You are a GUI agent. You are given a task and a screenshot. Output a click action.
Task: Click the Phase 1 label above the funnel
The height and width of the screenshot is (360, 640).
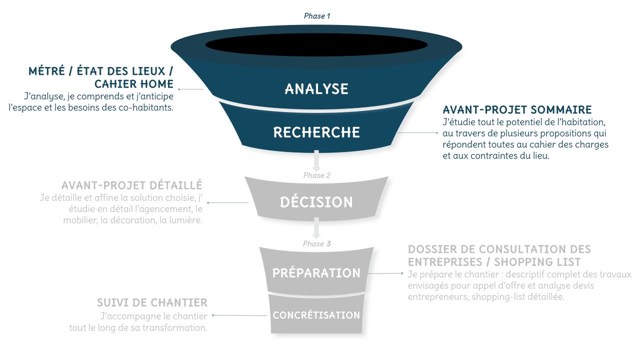[317, 16]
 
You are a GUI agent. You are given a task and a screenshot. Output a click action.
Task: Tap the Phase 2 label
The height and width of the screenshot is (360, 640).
[317, 175]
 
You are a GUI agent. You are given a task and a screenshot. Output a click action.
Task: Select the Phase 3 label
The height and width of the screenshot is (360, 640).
[317, 244]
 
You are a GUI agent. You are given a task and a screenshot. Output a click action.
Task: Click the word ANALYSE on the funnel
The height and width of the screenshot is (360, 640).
[316, 89]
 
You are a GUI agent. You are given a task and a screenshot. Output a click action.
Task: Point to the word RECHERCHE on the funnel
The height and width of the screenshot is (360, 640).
[316, 132]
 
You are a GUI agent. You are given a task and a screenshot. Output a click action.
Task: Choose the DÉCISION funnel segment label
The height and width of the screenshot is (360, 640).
[316, 202]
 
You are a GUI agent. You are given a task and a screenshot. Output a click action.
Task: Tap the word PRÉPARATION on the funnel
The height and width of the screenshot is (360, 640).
[316, 273]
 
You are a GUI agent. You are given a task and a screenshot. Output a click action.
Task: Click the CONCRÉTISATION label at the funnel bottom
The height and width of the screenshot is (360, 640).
[316, 315]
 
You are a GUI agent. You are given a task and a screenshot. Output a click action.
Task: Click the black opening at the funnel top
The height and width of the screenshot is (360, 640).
[316, 45]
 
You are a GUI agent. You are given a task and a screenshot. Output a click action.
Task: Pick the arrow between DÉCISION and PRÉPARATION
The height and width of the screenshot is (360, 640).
[316, 228]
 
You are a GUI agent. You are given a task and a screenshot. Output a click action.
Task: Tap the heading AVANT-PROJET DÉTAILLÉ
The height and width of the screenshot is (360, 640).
[132, 185]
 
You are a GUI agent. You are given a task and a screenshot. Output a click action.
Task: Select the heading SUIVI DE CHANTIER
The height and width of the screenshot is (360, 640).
[152, 302]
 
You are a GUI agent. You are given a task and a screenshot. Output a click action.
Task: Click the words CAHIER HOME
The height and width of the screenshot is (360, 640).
[134, 84]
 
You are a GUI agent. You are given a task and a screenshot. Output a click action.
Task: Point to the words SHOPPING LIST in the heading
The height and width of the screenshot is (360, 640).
[537, 262]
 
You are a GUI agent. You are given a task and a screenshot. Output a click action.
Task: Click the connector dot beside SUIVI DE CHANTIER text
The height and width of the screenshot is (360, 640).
[213, 315]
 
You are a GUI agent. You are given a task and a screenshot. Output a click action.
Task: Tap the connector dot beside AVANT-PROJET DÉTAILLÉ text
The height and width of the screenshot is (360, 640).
[208, 202]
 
